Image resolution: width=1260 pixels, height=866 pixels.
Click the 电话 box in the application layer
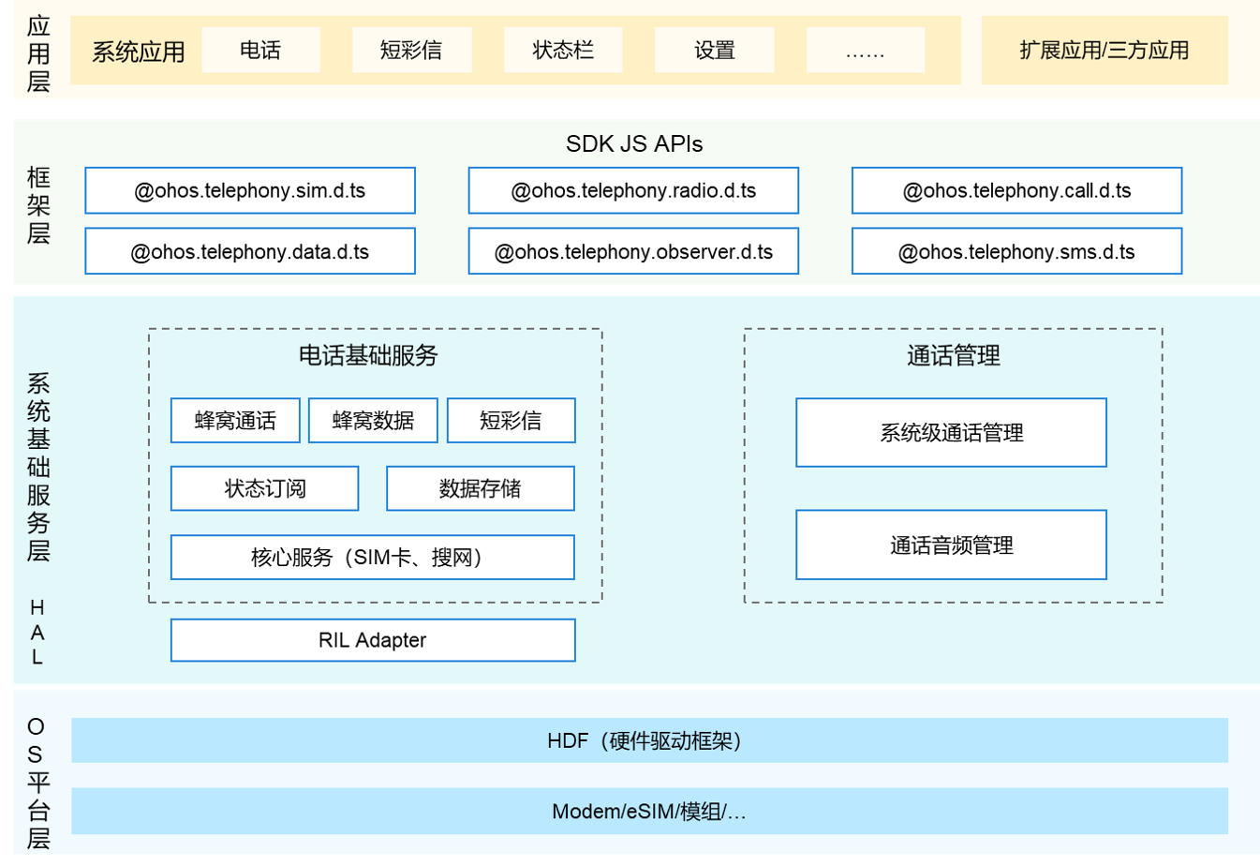[260, 50]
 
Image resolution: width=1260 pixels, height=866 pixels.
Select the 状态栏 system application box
[563, 50]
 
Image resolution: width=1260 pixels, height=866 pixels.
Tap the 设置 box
[714, 50]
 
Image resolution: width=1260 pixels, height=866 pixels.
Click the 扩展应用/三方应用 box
[1104, 50]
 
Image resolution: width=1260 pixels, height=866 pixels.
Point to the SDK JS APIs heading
[634, 143]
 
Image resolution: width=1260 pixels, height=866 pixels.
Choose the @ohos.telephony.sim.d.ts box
[250, 190]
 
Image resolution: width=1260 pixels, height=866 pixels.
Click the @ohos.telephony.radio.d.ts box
[633, 190]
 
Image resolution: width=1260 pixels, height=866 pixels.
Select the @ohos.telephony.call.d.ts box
[1016, 190]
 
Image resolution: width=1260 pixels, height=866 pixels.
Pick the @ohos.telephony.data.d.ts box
[250, 251]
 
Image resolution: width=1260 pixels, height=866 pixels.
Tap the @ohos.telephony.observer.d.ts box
[633, 251]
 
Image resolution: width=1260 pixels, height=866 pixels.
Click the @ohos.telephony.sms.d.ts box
[1016, 251]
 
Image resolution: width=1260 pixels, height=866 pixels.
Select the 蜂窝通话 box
[235, 420]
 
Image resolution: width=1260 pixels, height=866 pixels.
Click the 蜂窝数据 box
[373, 420]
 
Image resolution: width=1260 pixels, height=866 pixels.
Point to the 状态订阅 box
[264, 488]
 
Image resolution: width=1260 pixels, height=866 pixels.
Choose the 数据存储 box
[480, 488]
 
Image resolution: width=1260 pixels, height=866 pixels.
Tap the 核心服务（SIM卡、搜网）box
[372, 558]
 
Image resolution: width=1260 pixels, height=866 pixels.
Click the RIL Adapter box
[372, 640]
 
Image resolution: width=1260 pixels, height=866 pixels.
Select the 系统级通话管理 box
[951, 432]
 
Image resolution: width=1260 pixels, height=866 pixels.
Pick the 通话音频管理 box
[951, 545]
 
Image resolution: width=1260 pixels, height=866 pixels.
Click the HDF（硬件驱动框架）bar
[649, 740]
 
